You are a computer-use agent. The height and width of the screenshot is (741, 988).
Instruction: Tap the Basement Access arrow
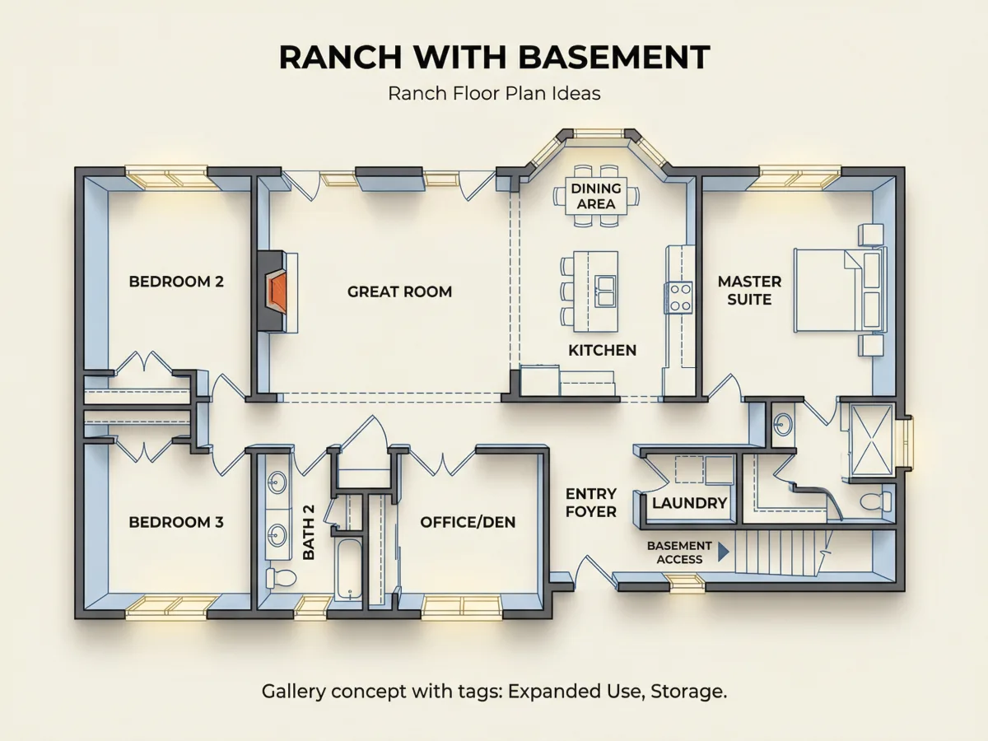724,552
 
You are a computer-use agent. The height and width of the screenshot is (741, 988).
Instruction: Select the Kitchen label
602,350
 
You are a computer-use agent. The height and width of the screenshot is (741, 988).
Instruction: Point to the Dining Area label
596,196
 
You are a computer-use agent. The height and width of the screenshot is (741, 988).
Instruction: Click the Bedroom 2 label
176,282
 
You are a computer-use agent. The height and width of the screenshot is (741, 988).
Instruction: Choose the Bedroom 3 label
176,522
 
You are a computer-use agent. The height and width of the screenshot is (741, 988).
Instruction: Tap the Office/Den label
468,522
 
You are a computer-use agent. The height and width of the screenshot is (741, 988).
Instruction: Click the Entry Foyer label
590,502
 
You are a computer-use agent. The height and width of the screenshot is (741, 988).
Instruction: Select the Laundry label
690,503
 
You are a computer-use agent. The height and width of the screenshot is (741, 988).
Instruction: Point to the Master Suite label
749,290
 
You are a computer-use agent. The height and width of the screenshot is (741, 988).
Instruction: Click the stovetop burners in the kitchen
680,297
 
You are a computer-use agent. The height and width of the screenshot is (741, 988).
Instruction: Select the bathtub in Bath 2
348,570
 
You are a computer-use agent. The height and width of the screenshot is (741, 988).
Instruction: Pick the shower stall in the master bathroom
872,440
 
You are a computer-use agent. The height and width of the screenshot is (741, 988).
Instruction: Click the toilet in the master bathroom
875,501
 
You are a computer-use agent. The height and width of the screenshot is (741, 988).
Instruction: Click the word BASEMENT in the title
614,58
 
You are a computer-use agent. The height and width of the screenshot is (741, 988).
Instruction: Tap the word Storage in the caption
688,692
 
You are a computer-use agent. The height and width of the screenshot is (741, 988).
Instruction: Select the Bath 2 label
308,532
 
